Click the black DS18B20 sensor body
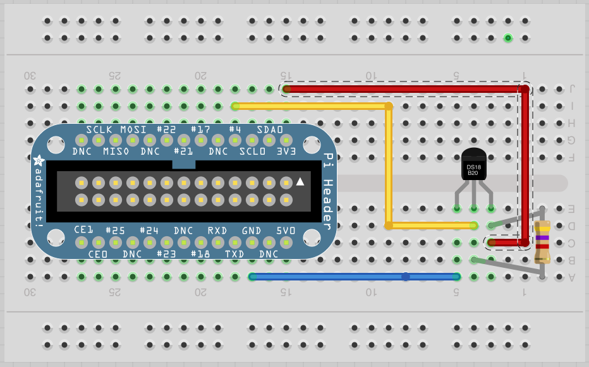click(474, 165)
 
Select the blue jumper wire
click(354, 277)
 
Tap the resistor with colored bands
click(542, 242)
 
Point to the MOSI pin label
click(134, 129)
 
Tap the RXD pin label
click(217, 230)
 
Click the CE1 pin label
click(84, 230)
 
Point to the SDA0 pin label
click(269, 129)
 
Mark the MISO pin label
click(116, 152)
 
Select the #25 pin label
click(116, 230)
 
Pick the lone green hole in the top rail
click(507, 38)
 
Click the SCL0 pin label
click(252, 152)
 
